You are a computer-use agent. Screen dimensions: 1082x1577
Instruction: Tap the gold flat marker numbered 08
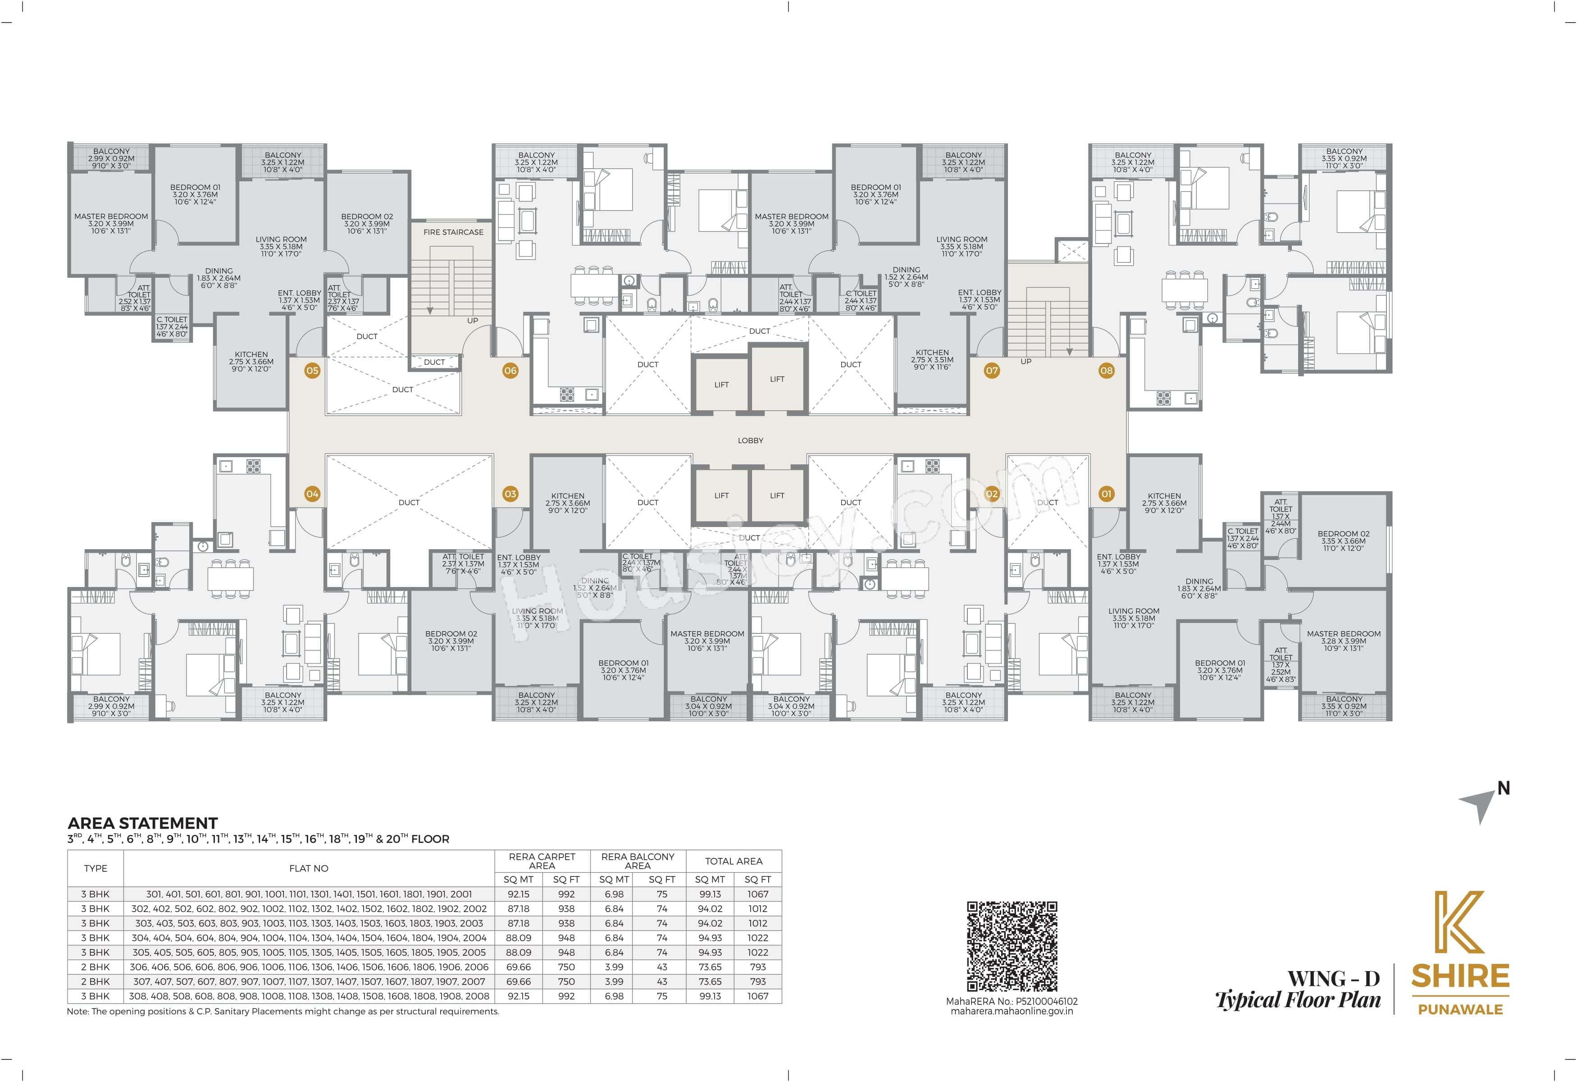pyautogui.click(x=1106, y=371)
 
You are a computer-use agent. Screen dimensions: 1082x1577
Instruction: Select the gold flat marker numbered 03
pyautogui.click(x=510, y=494)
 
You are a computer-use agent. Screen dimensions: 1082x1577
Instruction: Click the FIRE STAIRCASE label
pyautogui.click(x=453, y=232)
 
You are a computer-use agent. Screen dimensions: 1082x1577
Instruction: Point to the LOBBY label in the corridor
pyautogui.click(x=751, y=440)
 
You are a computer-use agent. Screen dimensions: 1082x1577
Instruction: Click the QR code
pyautogui.click(x=1012, y=946)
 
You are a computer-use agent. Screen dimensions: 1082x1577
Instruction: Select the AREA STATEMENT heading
pyautogui.click(x=142, y=823)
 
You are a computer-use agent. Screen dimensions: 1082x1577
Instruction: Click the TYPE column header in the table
pyautogui.click(x=96, y=868)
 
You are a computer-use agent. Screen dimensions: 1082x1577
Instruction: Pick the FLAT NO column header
pyautogui.click(x=309, y=868)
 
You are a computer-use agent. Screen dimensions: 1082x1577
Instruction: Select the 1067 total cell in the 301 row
pyautogui.click(x=758, y=894)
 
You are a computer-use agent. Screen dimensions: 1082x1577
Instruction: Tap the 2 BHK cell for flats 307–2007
pyautogui.click(x=95, y=981)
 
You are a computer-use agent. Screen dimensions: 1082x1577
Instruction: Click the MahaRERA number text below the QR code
pyautogui.click(x=1012, y=1001)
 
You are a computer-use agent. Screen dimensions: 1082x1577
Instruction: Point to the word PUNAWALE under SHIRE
pyautogui.click(x=1460, y=1009)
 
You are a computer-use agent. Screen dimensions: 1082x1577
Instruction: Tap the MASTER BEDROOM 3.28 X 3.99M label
pyautogui.click(x=1344, y=641)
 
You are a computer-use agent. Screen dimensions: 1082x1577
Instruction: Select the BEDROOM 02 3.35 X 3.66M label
pyautogui.click(x=1344, y=541)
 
